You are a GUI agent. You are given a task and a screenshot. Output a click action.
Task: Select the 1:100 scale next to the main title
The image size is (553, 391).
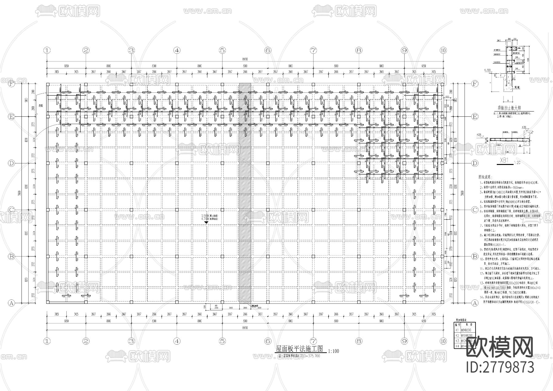333,351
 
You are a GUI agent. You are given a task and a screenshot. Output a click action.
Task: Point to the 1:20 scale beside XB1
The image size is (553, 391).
516,162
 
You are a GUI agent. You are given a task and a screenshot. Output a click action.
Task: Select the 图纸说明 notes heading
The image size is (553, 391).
485,177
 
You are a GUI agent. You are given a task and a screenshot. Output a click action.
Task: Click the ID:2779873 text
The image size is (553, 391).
500,367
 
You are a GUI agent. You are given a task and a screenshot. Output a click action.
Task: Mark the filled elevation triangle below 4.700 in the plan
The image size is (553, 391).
206,222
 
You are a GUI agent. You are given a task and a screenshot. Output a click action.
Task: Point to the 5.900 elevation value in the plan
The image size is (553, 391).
205,216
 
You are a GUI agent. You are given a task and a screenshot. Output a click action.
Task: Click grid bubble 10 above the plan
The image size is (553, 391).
443,50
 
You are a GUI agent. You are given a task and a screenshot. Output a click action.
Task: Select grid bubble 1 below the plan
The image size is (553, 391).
47,341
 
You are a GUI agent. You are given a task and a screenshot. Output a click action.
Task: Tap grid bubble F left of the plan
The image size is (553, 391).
11,84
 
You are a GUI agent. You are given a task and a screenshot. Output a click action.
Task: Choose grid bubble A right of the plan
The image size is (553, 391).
475,303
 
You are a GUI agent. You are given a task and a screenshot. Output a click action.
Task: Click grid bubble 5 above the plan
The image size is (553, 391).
222,50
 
